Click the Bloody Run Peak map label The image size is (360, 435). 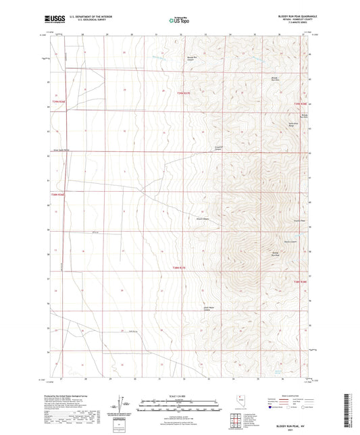pyautogui.click(x=275, y=255)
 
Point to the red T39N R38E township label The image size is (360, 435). pyautogui.click(x=300, y=103)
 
